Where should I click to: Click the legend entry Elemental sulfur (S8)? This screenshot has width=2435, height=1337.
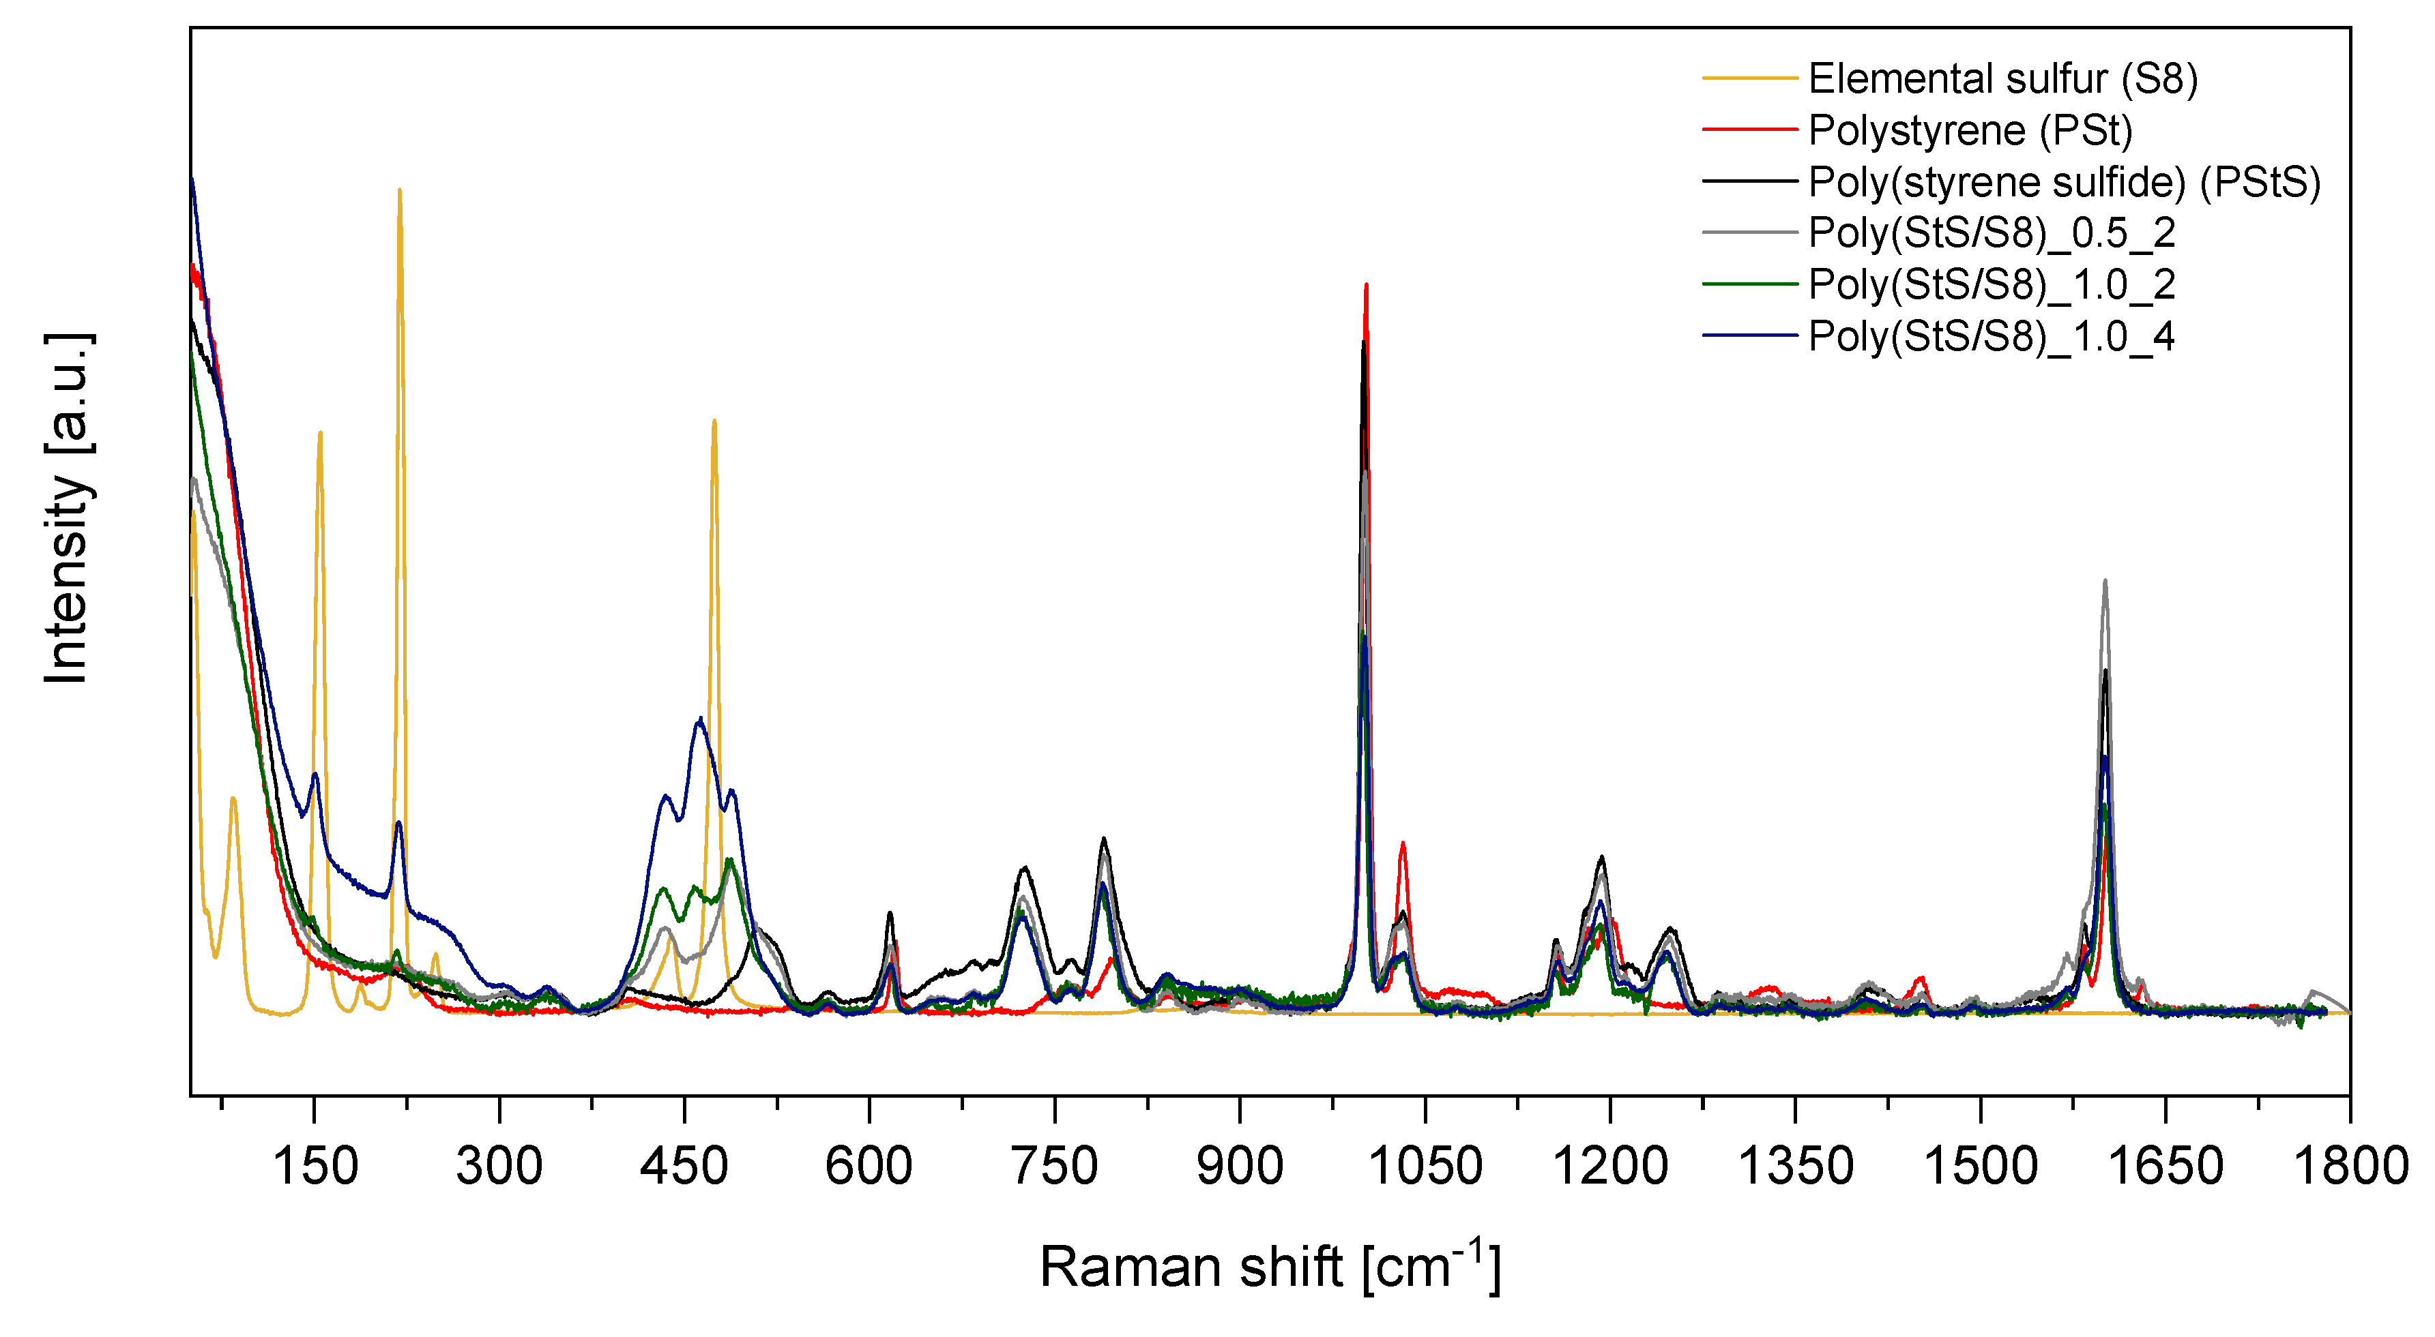(2002, 78)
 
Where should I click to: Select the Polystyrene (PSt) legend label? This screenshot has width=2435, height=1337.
(1970, 130)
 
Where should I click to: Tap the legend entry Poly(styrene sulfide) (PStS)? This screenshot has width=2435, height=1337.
(2064, 181)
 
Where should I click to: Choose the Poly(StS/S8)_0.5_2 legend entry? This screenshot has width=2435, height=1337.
(1992, 232)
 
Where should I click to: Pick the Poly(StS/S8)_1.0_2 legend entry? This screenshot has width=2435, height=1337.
(1992, 284)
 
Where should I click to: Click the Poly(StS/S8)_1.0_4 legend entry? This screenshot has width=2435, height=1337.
(1992, 336)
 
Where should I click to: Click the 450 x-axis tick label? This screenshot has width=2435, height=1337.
(684, 1166)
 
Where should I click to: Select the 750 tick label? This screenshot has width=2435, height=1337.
(1055, 1166)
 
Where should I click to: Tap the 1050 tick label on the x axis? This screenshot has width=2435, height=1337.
(1425, 1166)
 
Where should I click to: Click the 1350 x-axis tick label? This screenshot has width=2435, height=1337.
(1795, 1166)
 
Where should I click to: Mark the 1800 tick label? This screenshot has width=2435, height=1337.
(2350, 1166)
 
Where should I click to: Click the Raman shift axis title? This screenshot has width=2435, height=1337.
(1270, 1266)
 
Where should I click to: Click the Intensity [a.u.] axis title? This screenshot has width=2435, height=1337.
(68, 509)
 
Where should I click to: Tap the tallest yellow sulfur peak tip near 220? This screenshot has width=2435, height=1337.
(400, 190)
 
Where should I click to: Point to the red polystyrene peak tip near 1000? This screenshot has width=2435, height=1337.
(1366, 284)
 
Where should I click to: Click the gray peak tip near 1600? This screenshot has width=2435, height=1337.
(2105, 581)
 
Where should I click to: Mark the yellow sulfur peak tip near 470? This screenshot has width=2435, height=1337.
(714, 421)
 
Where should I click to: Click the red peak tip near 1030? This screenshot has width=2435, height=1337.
(1403, 843)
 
